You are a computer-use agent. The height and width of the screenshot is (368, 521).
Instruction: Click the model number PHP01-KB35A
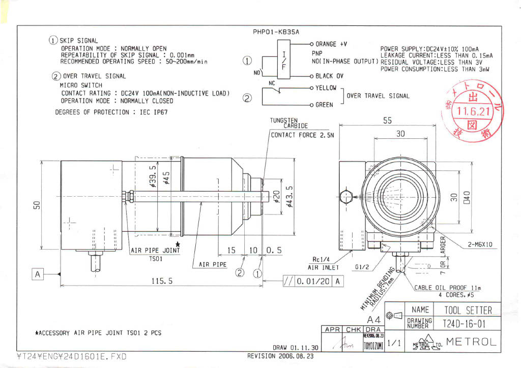pyautogui.click(x=276, y=32)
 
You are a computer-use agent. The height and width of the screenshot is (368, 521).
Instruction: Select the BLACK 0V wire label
pyautogui.click(x=330, y=76)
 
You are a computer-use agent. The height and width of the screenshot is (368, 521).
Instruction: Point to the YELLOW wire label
pyautogui.click(x=326, y=88)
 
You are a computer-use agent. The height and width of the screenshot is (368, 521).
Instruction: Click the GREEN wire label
pyautogui.click(x=325, y=105)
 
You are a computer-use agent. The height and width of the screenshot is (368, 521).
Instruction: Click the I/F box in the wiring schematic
pyautogui.click(x=284, y=59)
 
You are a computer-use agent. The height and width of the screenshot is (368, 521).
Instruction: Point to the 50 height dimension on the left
pyautogui.click(x=37, y=205)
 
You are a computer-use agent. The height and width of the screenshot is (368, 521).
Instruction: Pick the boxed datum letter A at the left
pyautogui.click(x=37, y=274)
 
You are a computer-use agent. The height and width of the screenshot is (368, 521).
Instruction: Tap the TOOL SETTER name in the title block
pyautogui.click(x=468, y=310)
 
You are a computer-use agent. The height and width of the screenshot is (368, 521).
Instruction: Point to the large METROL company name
pyautogui.click(x=471, y=342)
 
